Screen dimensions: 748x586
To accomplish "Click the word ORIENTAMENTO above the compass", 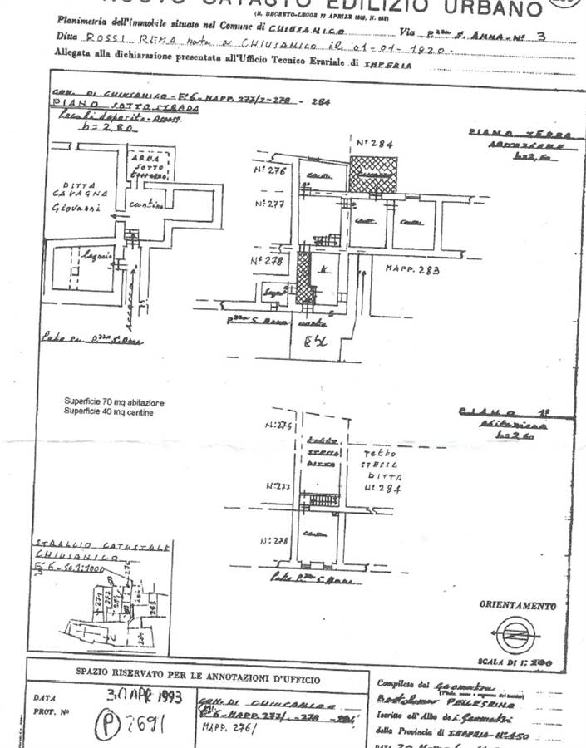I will tap(517, 606).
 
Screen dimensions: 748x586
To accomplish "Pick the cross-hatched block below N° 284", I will tap(373, 175).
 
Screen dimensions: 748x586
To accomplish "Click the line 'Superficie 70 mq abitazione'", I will tap(115, 403).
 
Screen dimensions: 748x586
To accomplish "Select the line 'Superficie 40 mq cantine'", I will tap(108, 412).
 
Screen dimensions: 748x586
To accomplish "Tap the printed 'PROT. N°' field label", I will tap(51, 712).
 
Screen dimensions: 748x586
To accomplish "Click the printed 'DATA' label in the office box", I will tap(45, 699).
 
